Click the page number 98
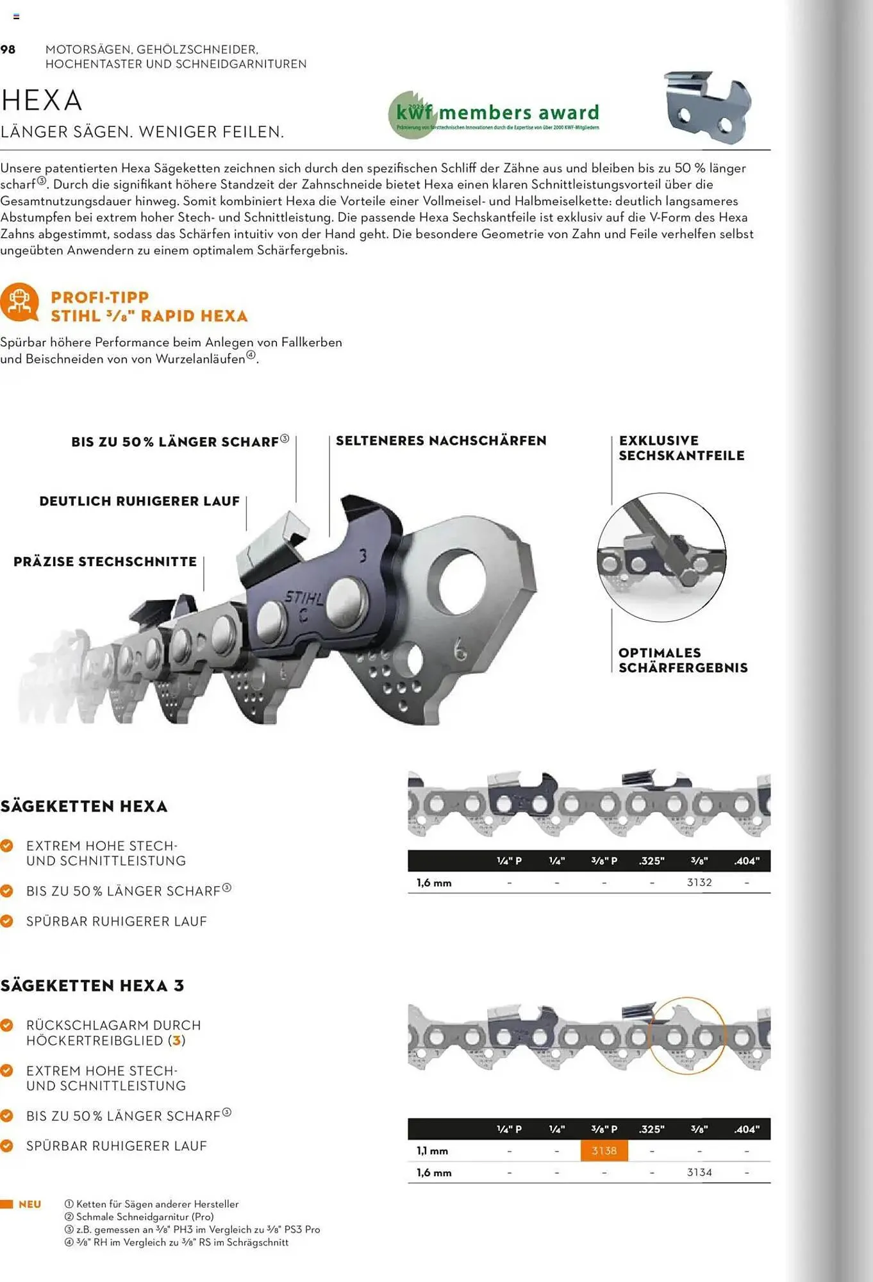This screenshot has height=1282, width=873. coord(8,49)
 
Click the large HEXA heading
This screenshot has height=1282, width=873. coord(42,101)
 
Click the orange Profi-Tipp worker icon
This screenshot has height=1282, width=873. coord(19,302)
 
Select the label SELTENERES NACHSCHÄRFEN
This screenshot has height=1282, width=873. coord(441,441)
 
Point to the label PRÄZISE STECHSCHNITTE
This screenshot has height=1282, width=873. coord(105,562)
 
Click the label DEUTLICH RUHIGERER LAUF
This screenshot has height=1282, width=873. coord(139,501)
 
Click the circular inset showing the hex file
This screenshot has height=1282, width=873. coord(661,557)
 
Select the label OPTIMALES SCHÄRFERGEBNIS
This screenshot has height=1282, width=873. coord(683,660)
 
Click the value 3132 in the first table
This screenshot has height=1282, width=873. coord(699,883)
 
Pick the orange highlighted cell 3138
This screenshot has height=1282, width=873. coord(604,1151)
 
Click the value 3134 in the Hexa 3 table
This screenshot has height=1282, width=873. coord(699,1172)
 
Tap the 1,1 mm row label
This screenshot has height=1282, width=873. coord(433,1151)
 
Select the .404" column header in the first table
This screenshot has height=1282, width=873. coord(747,861)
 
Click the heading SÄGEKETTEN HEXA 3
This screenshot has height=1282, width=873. coord(92,986)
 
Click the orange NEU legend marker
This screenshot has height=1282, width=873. coord(7,1204)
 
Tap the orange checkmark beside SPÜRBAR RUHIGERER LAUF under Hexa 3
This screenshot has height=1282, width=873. coord(7,1145)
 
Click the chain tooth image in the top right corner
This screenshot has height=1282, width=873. coord(708,107)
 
